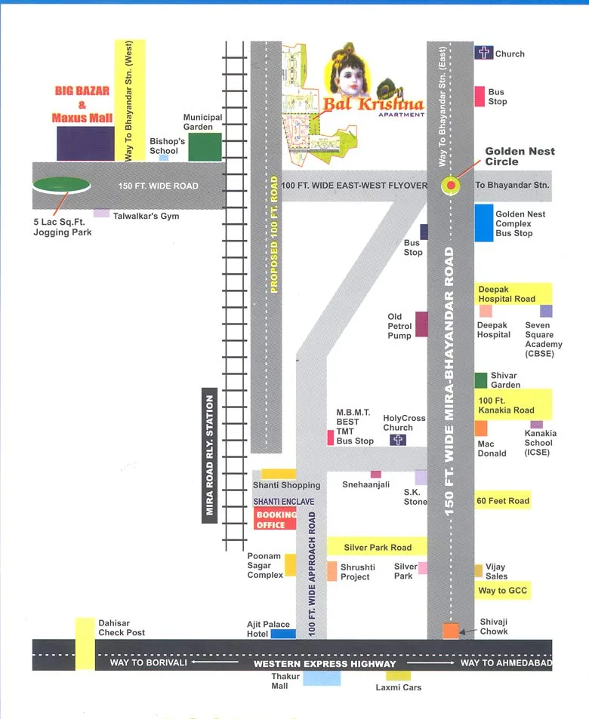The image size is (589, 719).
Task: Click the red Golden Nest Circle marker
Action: coord(451,186)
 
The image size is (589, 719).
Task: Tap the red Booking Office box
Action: coord(275,520)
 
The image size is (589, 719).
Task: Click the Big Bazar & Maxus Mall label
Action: coord(82,104)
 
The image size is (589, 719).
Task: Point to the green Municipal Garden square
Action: coord(205,147)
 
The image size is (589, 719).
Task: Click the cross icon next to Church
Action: coord(483,53)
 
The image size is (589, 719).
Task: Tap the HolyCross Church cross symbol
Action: coord(398,440)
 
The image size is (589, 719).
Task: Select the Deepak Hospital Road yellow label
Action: coord(514,293)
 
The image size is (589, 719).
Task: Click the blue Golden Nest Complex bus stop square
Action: coord(484,223)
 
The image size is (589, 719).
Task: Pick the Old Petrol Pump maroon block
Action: coord(421,324)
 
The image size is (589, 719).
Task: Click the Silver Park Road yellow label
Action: coord(377,547)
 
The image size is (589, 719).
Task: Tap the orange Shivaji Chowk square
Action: coord(451,631)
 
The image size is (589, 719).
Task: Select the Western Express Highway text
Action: coord(325,664)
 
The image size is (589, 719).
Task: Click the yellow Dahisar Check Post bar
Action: coord(85,643)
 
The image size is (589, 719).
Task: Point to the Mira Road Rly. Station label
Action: coord(210,456)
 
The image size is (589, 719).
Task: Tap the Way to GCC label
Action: coord(502,590)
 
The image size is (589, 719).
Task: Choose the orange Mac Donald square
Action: coord(481,429)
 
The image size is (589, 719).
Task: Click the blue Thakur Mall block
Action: coord(322,678)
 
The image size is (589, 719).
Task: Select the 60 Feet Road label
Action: coord(502,500)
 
